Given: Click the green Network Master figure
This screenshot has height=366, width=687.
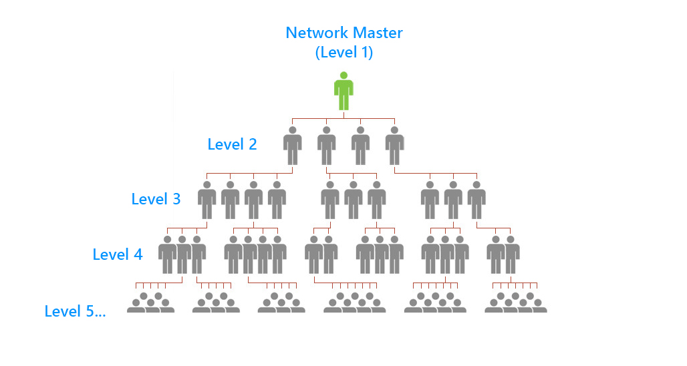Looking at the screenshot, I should pos(343,91).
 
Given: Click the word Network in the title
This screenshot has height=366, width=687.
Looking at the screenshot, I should pos(317,32).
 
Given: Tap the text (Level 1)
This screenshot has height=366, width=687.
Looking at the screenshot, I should pos(343,53).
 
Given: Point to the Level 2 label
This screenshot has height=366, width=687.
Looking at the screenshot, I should pos(232,144).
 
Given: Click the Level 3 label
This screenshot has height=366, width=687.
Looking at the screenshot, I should pos(156,199).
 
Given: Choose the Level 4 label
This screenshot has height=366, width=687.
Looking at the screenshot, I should pos(117,254).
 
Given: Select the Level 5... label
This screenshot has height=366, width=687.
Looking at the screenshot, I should pos(75,311).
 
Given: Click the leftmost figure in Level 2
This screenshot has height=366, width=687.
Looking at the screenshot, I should pos(292,146).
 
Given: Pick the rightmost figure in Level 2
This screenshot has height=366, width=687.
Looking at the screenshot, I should pos(394,146).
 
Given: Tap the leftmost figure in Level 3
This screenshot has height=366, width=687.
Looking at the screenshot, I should pos(207,200).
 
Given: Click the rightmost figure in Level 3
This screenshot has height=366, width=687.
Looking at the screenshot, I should pos(476,200).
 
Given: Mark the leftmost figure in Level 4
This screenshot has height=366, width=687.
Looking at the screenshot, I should pos(167,255).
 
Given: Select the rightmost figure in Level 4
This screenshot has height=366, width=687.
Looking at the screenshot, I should pos(511,255).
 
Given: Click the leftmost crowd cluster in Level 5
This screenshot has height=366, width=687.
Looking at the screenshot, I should pos(150,303).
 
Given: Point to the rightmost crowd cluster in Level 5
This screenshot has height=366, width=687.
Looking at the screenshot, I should pos(515,303).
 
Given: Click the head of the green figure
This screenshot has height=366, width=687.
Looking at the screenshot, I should pos(343,75).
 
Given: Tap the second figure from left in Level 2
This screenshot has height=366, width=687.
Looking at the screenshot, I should pos(326,146).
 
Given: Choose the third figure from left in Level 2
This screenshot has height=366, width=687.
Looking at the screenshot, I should pos(360,146).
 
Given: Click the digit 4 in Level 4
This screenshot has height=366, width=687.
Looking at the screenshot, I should pos(137,254).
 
